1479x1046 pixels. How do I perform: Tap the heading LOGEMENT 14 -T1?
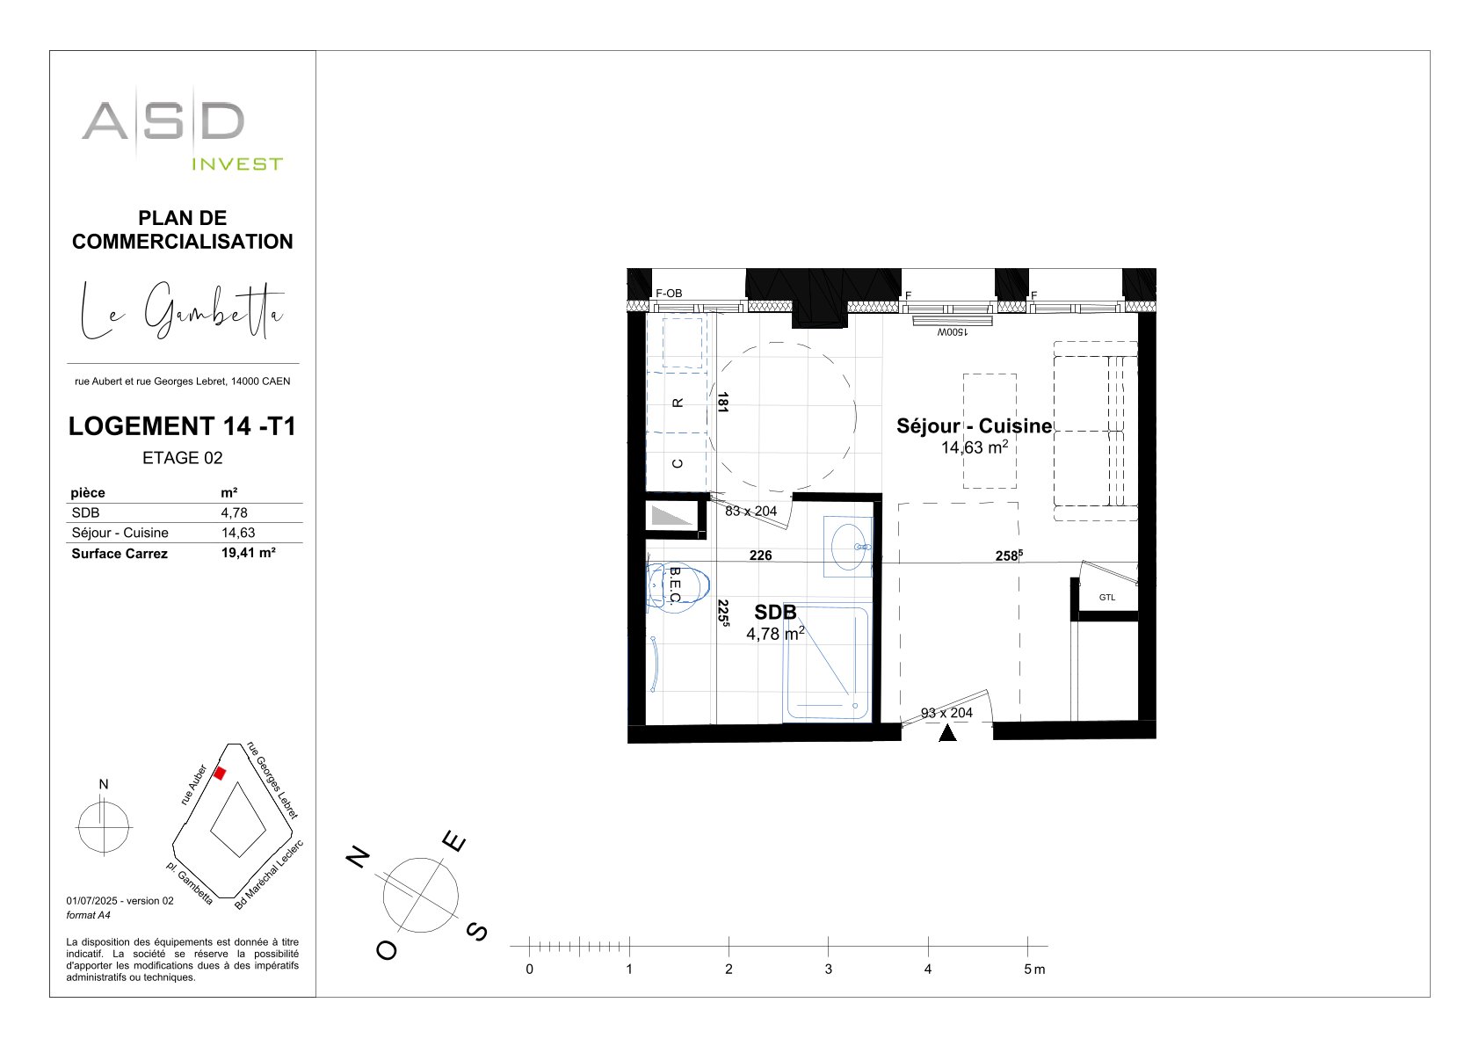[182, 426]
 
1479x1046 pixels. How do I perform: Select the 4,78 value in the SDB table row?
[235, 513]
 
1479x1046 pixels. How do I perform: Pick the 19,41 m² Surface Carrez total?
[249, 553]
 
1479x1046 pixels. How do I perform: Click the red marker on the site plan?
[220, 774]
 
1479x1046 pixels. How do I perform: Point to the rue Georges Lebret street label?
[272, 780]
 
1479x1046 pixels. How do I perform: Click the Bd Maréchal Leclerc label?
[269, 875]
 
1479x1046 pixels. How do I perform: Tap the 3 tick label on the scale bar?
[828, 969]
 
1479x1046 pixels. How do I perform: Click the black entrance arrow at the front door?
[947, 732]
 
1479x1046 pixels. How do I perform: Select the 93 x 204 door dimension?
[946, 713]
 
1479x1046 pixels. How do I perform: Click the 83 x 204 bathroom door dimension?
[750, 511]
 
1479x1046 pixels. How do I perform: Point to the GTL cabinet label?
[1107, 598]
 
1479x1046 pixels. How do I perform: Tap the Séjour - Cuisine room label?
[974, 426]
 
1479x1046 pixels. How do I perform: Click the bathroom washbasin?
[848, 547]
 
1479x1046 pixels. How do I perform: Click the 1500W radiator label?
[952, 332]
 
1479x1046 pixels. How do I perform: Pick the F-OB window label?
[669, 294]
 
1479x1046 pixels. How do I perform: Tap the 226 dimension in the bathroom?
[761, 556]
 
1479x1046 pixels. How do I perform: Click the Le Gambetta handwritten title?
[182, 310]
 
